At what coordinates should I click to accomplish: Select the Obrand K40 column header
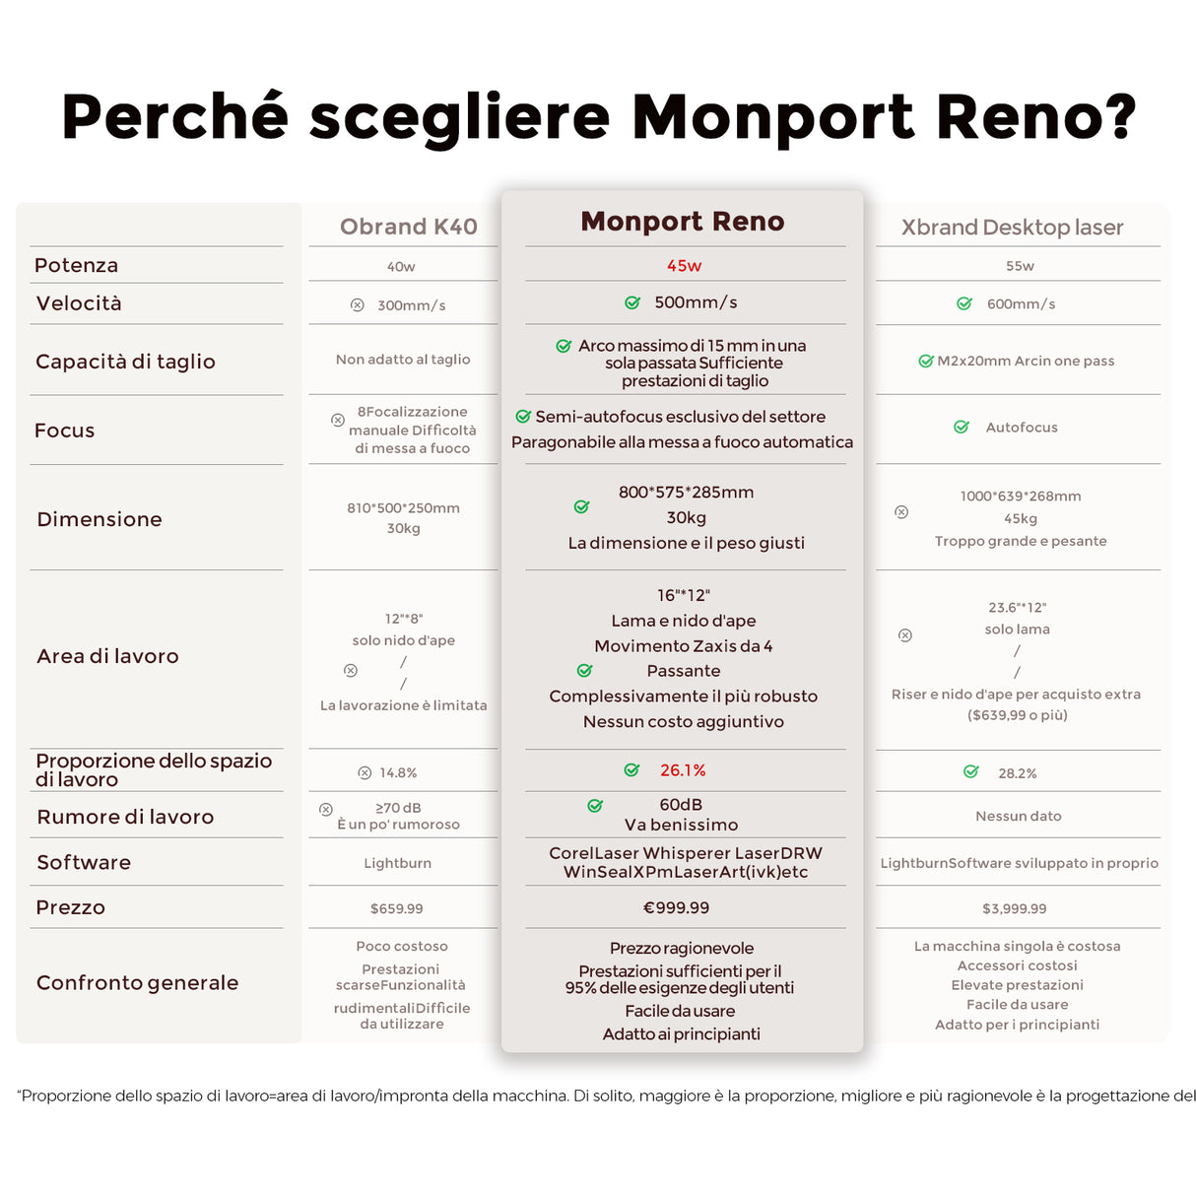(408, 227)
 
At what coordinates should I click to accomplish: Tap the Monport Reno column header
(682, 222)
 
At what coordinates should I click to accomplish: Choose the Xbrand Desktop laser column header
(1012, 228)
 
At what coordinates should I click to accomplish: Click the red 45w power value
(684, 266)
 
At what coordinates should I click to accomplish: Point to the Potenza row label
(76, 265)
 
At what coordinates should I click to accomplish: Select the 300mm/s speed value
(411, 305)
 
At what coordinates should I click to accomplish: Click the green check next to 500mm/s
(632, 302)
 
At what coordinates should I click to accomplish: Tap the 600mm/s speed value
(1021, 304)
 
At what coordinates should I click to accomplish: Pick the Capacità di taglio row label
(125, 362)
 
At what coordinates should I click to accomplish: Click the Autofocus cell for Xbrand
(1021, 428)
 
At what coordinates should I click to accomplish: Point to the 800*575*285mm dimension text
(686, 492)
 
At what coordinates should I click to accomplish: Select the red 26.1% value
(683, 770)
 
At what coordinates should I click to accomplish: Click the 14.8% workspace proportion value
(398, 773)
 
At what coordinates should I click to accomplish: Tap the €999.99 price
(676, 907)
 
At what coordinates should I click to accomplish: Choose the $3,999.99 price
(1014, 908)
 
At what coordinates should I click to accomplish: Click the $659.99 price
(396, 908)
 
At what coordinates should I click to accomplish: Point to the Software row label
(84, 862)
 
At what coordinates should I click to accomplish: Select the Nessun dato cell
(1018, 816)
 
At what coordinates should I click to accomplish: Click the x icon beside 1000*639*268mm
(901, 512)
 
